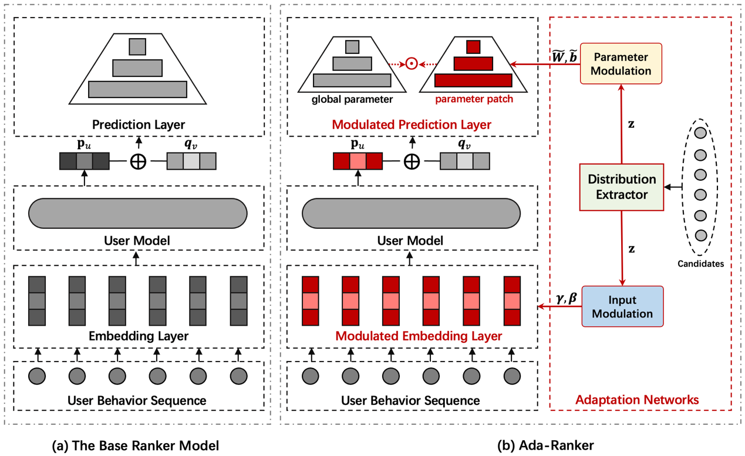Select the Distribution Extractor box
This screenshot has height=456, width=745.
pyautogui.click(x=622, y=187)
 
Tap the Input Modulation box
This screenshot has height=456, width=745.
pyautogui.click(x=622, y=306)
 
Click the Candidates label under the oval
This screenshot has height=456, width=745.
pyautogui.click(x=701, y=264)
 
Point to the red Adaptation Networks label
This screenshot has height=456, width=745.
pyautogui.click(x=637, y=400)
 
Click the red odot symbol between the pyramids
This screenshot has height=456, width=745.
pyautogui.click(x=412, y=63)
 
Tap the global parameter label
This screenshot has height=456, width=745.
pyautogui.click(x=352, y=99)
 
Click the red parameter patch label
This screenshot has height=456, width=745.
pyautogui.click(x=474, y=99)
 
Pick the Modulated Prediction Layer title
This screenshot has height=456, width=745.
pyautogui.click(x=411, y=124)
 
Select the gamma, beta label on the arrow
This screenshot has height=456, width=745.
pyautogui.click(x=566, y=299)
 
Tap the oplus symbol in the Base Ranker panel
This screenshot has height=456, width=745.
pyautogui.click(x=138, y=161)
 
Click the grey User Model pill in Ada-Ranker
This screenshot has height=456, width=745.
pyautogui.click(x=411, y=212)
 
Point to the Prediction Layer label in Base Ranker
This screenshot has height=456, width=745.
pyautogui.click(x=138, y=124)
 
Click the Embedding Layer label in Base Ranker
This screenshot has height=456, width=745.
pyautogui.click(x=138, y=336)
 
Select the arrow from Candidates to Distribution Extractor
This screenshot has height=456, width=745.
pyautogui.click(x=673, y=187)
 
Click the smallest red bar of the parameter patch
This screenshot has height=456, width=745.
pyautogui.click(x=473, y=46)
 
